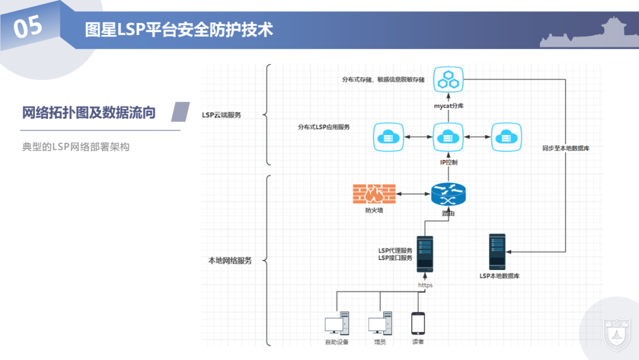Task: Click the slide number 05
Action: [x=28, y=27]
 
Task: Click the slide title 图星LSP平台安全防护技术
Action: [x=179, y=30]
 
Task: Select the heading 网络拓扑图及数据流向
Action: [x=89, y=112]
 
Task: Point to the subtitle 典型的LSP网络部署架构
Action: [x=76, y=147]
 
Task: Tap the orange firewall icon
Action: [x=374, y=194]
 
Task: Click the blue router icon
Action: [x=448, y=194]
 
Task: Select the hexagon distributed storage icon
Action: [x=448, y=79]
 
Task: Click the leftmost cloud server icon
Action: [x=389, y=137]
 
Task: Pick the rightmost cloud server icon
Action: [x=506, y=137]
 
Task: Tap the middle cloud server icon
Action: [x=448, y=137]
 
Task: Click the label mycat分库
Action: [x=448, y=105]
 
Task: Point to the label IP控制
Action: [x=448, y=162]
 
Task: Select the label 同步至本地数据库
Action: [x=566, y=149]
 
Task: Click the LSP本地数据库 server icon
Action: [x=497, y=252]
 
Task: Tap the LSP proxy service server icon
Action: [x=425, y=253]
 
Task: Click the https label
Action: [x=425, y=285]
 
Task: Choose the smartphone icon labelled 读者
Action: [x=418, y=323]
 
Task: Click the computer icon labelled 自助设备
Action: [x=336, y=324]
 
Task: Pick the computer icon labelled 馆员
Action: [x=379, y=324]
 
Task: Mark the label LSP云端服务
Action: [x=222, y=115]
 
